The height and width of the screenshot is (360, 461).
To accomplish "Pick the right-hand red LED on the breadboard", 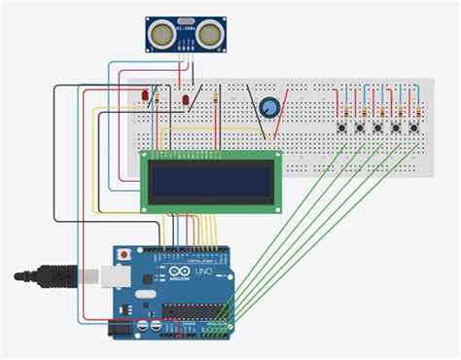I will tap(185, 99).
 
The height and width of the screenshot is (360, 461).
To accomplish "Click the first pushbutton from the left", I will tap(342, 126).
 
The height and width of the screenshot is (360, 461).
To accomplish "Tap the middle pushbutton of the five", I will tap(379, 126).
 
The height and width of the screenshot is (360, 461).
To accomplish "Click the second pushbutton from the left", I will tap(361, 126).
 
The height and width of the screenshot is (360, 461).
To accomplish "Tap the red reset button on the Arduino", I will tap(124, 254).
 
